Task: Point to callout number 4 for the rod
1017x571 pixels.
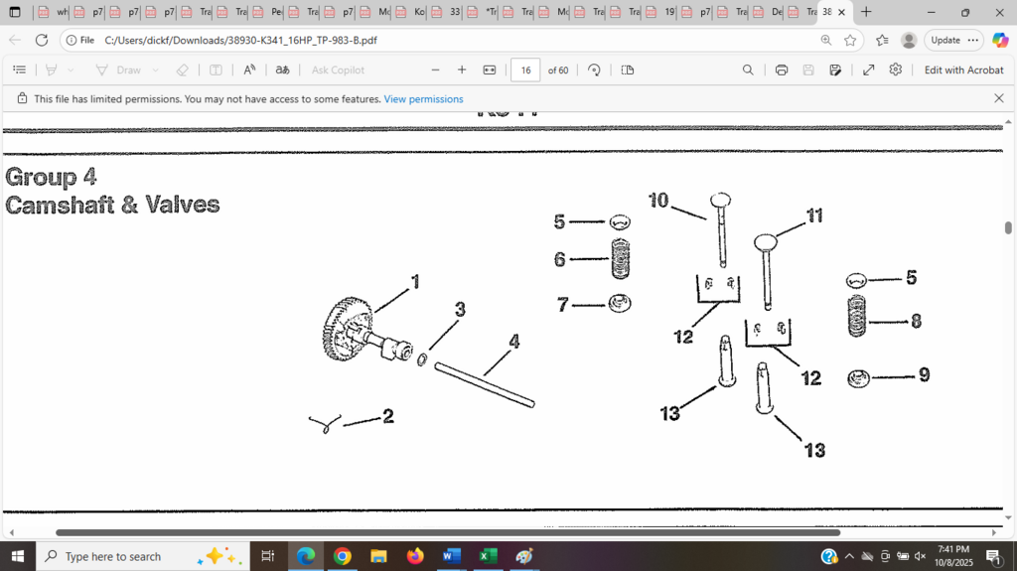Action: (513, 342)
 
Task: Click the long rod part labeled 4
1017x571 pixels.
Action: (485, 384)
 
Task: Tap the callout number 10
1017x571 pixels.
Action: (658, 201)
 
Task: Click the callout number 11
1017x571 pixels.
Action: (814, 215)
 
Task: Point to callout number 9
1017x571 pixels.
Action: (924, 374)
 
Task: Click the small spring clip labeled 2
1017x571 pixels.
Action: (324, 423)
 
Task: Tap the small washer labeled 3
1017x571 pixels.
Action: (422, 359)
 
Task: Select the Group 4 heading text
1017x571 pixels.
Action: (52, 177)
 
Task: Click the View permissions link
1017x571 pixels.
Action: (423, 99)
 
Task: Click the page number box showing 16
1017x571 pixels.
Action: (525, 70)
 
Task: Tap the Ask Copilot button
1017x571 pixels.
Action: (338, 70)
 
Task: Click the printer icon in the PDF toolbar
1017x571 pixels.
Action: (782, 70)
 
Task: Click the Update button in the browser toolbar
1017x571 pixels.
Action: (944, 40)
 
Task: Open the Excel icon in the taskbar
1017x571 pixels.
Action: (488, 556)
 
